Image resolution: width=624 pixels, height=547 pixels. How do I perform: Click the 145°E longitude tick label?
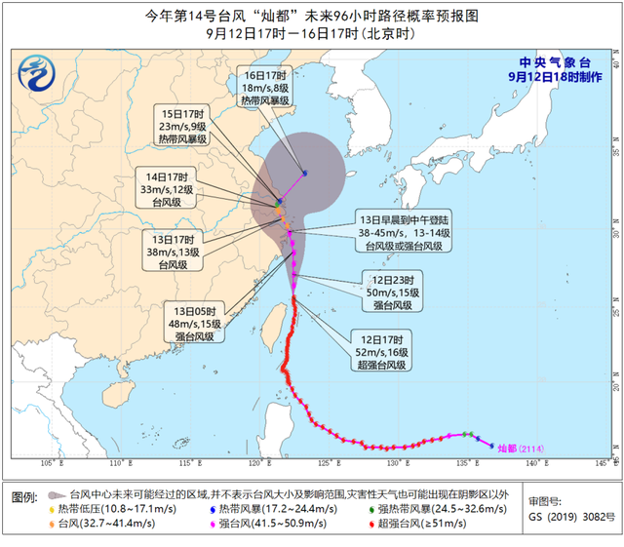click(601, 461)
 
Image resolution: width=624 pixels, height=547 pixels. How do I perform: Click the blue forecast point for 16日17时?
click(305, 174)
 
